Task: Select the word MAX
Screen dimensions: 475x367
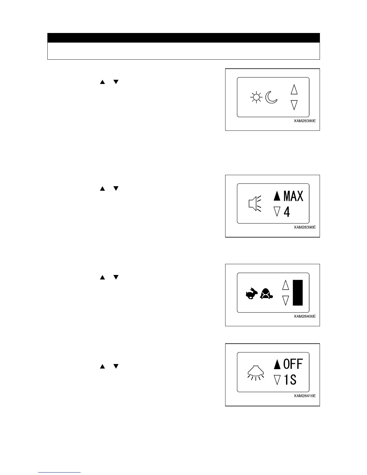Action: click(x=293, y=196)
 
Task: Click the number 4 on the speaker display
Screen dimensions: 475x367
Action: click(x=287, y=212)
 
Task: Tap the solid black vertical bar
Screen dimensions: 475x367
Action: click(x=298, y=292)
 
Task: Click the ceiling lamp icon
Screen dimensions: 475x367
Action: click(x=255, y=372)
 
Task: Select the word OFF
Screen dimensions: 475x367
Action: click(x=293, y=364)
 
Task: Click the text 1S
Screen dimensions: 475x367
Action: click(x=290, y=380)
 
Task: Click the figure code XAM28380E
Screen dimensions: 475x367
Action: click(x=305, y=122)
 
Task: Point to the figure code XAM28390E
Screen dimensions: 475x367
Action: click(x=305, y=227)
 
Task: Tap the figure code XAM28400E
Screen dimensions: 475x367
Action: click(x=305, y=316)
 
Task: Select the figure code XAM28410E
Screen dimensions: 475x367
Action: click(x=305, y=396)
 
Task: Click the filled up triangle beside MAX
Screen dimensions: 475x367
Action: click(x=277, y=196)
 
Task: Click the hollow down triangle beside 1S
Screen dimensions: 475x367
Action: click(x=277, y=380)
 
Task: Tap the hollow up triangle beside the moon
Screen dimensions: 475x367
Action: click(x=294, y=89)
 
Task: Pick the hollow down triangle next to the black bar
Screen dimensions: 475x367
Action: click(x=286, y=300)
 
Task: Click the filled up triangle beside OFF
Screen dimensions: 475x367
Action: click(x=277, y=364)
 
